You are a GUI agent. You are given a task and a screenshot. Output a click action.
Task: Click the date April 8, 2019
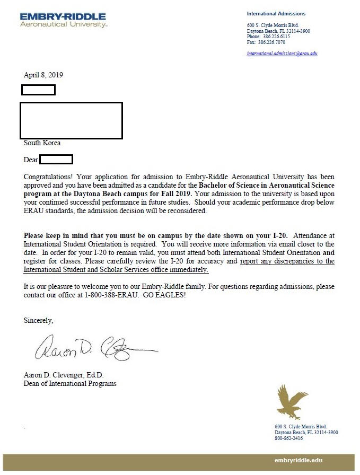[43, 75]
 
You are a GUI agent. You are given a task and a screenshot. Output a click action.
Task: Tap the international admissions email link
[282, 54]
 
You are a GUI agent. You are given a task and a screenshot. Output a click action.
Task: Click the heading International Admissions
[276, 14]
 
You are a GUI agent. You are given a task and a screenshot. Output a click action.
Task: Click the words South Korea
[42, 143]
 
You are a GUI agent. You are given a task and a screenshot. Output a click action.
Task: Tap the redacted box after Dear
[56, 159]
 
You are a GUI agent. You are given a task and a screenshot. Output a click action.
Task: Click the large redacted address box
[71, 120]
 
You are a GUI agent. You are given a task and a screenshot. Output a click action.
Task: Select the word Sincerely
[39, 320]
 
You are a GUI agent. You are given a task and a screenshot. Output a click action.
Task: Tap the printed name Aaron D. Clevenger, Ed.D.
[64, 375]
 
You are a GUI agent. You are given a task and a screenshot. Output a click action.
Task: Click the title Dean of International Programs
[70, 383]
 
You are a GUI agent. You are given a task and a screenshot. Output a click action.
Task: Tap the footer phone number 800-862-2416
[288, 438]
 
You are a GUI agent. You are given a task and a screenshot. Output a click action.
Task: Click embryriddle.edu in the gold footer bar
[298, 460]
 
